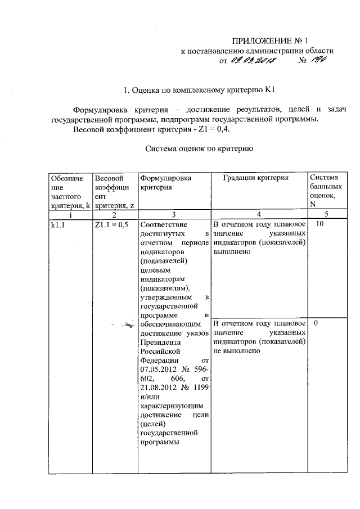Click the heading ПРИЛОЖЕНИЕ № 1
271,40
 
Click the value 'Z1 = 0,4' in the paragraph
216,129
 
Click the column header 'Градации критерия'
255,178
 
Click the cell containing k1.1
56,224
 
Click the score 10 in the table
319,224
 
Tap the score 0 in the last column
317,325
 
